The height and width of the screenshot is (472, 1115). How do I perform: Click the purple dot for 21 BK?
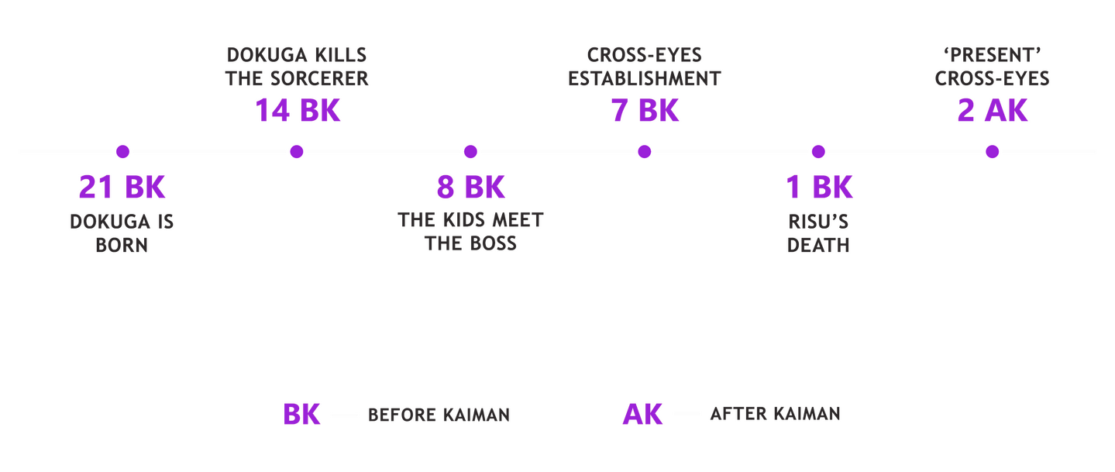(122, 151)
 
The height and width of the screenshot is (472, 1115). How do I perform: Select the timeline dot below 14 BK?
(297, 151)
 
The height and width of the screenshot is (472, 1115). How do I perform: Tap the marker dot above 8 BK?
(470, 151)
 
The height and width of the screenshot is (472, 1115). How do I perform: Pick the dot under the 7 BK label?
(644, 151)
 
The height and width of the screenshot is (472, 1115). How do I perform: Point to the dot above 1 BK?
(818, 151)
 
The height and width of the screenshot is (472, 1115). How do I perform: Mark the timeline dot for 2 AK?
(992, 151)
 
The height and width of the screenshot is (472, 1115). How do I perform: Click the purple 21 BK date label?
(122, 187)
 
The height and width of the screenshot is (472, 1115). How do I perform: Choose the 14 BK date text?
(298, 110)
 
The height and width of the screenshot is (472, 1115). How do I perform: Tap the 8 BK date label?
(470, 187)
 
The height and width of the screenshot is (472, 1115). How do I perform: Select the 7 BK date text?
(645, 110)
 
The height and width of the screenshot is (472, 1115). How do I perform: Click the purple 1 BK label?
(819, 187)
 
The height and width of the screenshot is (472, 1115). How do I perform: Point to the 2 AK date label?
(993, 110)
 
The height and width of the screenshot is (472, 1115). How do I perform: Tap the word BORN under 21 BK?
(122, 245)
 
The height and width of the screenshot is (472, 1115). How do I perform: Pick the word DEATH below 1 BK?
(818, 245)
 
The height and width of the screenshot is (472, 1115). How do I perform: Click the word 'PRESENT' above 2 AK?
(993, 55)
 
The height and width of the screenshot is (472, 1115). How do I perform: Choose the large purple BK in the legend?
(301, 414)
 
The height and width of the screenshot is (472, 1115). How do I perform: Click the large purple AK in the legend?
(642, 414)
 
